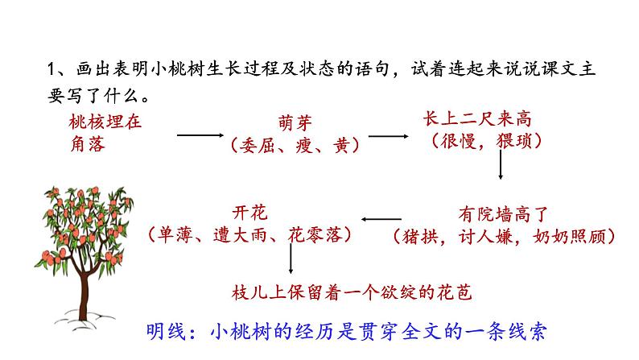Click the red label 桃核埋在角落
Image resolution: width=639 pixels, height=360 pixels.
tap(105, 134)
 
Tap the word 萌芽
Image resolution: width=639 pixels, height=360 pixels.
tap(295, 122)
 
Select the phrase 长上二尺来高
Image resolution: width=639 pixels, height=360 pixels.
tap(477, 118)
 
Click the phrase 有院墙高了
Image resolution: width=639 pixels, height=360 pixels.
tap(503, 214)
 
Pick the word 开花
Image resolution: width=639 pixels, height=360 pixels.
tap(249, 213)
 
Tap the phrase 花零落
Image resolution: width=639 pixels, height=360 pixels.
tap(314, 235)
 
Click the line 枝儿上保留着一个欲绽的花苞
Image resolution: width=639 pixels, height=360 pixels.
tap(352, 292)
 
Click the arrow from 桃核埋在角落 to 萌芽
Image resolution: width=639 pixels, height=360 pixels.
tap(200, 135)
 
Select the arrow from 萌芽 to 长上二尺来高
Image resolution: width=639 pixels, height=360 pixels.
tap(389, 136)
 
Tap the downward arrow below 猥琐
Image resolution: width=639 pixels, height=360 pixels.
tap(501, 165)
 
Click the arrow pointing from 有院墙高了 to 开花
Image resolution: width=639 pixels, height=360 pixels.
tap(381, 219)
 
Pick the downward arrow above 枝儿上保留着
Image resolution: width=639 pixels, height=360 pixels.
tap(291, 259)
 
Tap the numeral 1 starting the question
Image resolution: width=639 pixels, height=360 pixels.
tap(51, 69)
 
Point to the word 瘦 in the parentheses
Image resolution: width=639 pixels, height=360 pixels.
tap(304, 145)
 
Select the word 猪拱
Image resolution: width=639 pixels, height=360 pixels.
tap(420, 237)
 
